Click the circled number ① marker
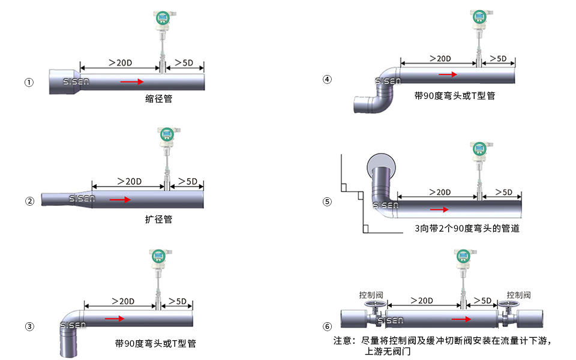pos(29,83)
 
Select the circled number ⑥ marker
pos(327,327)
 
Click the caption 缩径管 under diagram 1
pos(158,98)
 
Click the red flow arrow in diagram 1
pos(132,81)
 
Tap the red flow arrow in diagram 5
pos(439,209)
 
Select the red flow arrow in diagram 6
pos(461,319)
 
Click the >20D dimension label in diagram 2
pos(128,181)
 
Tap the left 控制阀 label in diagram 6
pos(371,295)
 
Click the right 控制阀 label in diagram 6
pos(518,295)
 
